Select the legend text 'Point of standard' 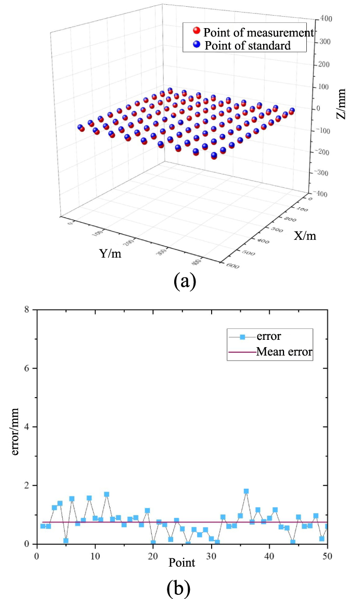coord(247,45)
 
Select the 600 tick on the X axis coord(233,266)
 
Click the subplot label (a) coord(184,281)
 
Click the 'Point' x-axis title coord(181,563)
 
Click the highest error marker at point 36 coord(246,491)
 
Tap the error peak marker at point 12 coord(107,494)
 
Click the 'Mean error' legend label coord(284,352)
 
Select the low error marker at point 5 coord(66,541)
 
